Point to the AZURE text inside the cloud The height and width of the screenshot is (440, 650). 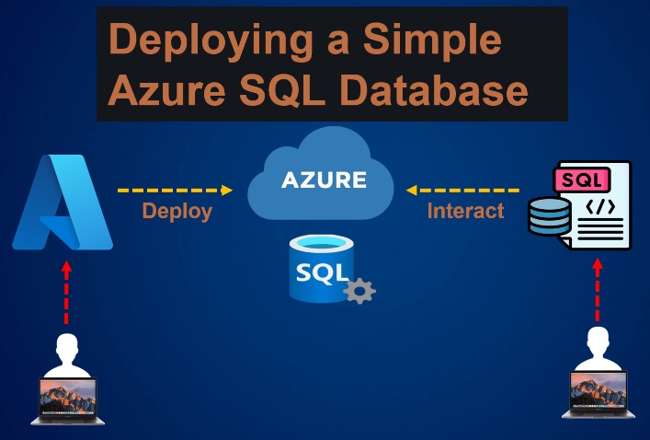324,179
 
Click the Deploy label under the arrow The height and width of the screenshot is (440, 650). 177,212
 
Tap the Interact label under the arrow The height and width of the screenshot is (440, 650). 466,212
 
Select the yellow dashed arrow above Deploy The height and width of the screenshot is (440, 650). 175,191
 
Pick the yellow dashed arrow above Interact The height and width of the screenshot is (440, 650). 464,191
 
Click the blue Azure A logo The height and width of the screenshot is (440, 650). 63,203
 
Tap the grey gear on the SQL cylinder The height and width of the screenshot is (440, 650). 359,291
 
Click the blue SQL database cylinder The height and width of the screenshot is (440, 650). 316,269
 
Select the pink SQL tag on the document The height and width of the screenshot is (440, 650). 583,179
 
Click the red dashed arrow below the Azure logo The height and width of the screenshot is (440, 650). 65,294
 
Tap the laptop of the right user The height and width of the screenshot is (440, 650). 597,396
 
